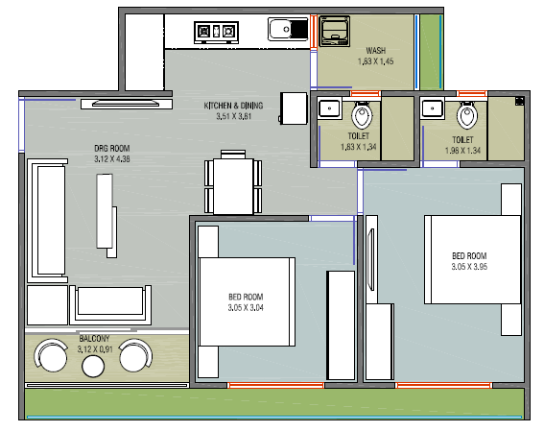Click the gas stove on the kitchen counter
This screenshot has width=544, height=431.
pyautogui.click(x=216, y=33)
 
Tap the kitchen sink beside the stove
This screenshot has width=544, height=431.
pyautogui.click(x=288, y=29)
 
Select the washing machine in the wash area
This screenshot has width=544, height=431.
pyautogui.click(x=334, y=31)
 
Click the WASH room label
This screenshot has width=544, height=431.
pyautogui.click(x=376, y=51)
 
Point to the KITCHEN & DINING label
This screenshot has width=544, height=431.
pyautogui.click(x=233, y=106)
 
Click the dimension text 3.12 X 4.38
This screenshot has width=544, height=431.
pyautogui.click(x=112, y=159)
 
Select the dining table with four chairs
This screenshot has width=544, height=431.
pyautogui.click(x=233, y=182)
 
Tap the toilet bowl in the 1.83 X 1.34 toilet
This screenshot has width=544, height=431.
pyautogui.click(x=362, y=115)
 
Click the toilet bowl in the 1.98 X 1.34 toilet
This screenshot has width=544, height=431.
pyautogui.click(x=467, y=115)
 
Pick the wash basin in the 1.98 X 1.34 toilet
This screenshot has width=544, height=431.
pyautogui.click(x=433, y=108)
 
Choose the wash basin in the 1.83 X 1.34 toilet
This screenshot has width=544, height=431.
pyautogui.click(x=329, y=108)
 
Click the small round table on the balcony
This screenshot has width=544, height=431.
pyautogui.click(x=93, y=366)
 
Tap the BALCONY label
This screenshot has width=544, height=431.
pyautogui.click(x=94, y=338)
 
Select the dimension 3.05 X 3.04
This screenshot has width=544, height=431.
pyautogui.click(x=246, y=308)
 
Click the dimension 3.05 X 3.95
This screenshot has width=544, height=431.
pyautogui.click(x=469, y=267)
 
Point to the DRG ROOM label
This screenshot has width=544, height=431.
pyautogui.click(x=112, y=149)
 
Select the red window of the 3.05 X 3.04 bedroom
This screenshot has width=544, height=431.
pyautogui.click(x=275, y=385)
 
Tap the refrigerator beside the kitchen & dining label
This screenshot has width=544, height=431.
pyautogui.click(x=294, y=108)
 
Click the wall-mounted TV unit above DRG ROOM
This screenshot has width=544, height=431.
pyautogui.click(x=127, y=104)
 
